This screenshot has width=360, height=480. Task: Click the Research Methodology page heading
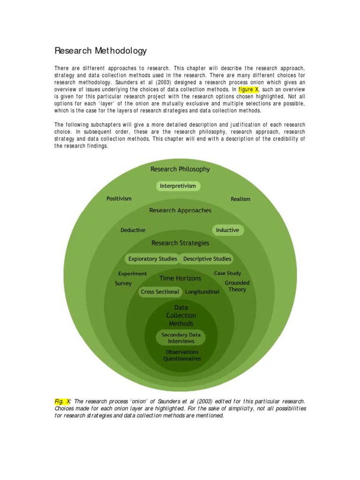pos(100,51)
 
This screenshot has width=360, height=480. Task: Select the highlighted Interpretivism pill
pos(178,186)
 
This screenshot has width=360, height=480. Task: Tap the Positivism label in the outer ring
pos(119,199)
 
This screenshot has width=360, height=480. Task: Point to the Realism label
pos(240,199)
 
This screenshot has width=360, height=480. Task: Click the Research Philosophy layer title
pos(180,169)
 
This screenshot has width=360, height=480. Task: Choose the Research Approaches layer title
pos(180,210)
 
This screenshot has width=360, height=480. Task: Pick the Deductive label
pos(133,230)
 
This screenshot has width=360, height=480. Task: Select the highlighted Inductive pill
pos(228,230)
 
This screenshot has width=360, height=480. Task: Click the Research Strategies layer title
pos(180,243)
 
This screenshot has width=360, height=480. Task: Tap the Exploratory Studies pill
pos(153,259)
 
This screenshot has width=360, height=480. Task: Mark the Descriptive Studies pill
pos(207,259)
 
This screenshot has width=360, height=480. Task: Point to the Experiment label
pos(132,274)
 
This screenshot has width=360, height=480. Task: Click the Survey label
pos(123,284)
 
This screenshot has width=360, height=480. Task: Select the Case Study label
pos(227,273)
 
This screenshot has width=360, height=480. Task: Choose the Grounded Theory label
pos(237,286)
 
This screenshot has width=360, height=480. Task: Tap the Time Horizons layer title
pos(180,278)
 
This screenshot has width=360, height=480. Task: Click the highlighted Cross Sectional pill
pos(160,292)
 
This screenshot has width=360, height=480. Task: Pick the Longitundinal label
pos(202,292)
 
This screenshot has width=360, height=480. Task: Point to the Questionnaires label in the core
pos(182,359)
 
